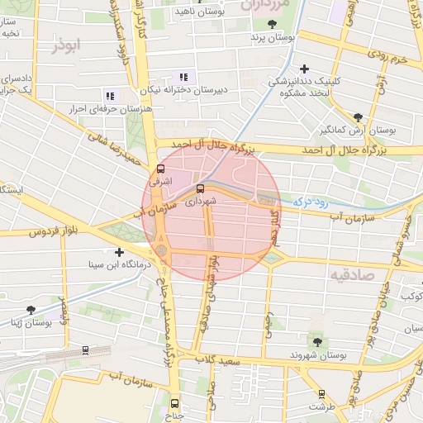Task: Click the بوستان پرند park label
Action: (x=270, y=38)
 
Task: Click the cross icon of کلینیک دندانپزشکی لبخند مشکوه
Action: (x=305, y=69)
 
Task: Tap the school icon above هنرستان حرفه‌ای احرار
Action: (x=110, y=96)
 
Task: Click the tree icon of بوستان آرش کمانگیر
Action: (x=357, y=117)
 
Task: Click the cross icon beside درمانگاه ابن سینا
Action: (x=120, y=252)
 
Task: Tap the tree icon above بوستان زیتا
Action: (x=31, y=310)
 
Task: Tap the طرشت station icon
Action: (x=321, y=394)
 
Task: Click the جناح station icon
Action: (x=173, y=403)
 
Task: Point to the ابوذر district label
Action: (x=68, y=47)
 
